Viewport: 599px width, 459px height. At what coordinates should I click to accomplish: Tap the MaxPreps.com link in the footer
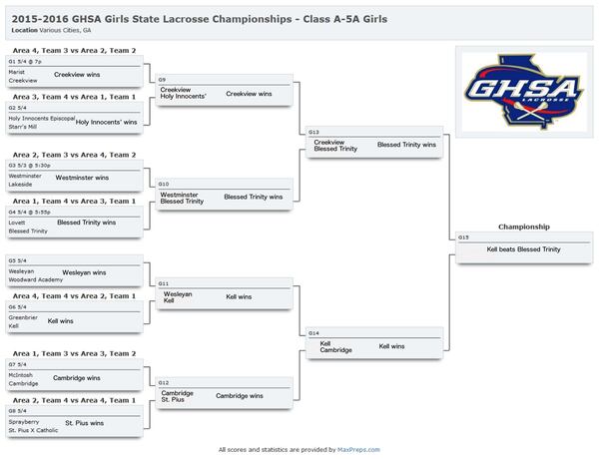(358, 450)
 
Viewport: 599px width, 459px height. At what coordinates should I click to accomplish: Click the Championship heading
(523, 227)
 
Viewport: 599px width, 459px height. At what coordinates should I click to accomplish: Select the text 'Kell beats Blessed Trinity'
(523, 248)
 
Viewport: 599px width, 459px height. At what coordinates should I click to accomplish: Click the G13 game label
(314, 132)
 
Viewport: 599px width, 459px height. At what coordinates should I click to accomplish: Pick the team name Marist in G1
(17, 72)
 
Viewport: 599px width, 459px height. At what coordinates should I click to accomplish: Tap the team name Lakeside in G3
(19, 184)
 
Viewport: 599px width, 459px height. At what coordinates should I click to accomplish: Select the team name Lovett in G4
(17, 223)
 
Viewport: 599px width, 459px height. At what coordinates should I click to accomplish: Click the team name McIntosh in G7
(20, 375)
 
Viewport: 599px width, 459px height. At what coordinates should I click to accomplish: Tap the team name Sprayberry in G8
(23, 421)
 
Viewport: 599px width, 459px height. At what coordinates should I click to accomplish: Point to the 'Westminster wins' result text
(82, 177)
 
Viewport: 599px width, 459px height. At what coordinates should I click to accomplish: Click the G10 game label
(163, 184)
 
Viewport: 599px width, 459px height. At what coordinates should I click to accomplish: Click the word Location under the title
(25, 30)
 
